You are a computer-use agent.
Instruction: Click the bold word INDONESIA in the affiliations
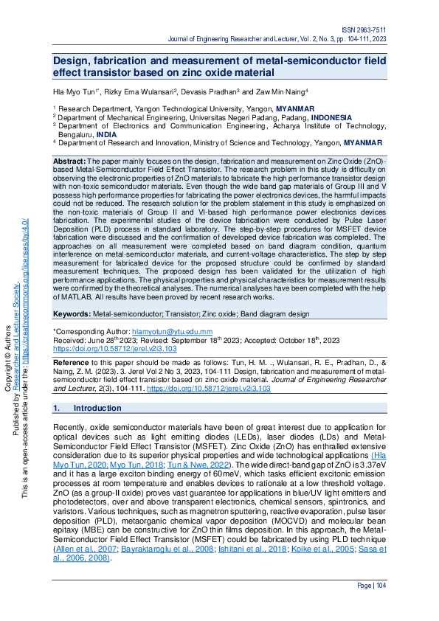click(335, 117)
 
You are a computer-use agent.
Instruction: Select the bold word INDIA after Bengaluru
click(106, 134)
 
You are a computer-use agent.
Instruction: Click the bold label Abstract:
click(70, 161)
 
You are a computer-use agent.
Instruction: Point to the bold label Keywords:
click(72, 314)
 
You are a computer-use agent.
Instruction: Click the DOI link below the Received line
click(115, 348)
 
